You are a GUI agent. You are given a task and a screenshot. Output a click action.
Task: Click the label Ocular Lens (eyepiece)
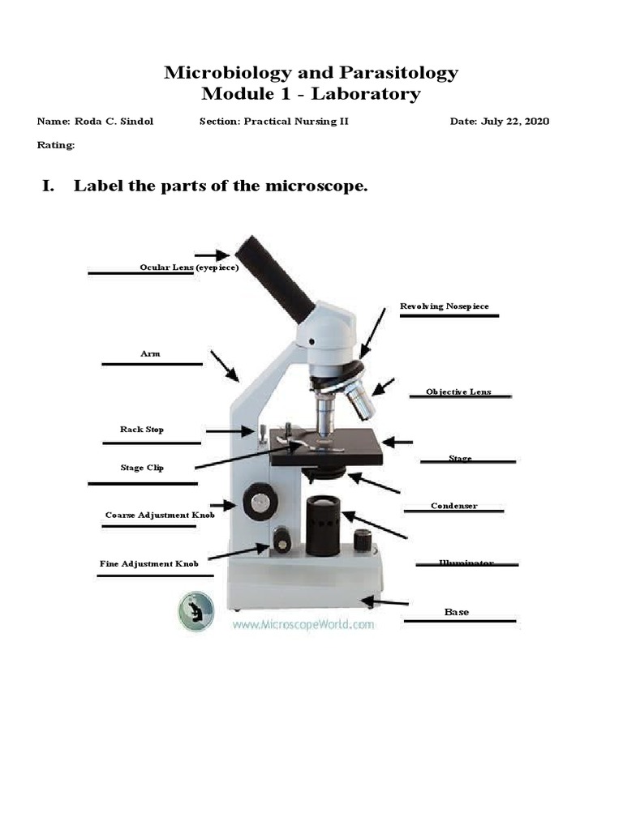189,267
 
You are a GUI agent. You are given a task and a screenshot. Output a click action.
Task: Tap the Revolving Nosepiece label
445,306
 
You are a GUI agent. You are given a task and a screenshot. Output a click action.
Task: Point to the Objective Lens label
458,392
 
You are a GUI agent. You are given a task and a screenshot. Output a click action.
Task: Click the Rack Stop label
142,430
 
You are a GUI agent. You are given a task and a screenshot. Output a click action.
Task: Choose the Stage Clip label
142,468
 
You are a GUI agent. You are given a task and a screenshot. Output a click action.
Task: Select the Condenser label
453,506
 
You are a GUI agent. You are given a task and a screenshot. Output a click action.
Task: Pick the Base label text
457,612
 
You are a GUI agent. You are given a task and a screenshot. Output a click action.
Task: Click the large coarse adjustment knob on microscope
260,502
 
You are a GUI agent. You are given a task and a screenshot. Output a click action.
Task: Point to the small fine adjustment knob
281,540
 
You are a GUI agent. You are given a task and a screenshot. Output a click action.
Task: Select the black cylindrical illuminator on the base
323,524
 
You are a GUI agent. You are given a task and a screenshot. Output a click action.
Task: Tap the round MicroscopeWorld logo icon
196,611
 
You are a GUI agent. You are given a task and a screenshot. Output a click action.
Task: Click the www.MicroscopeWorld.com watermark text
303,625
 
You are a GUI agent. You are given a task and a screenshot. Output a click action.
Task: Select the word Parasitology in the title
392,72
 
